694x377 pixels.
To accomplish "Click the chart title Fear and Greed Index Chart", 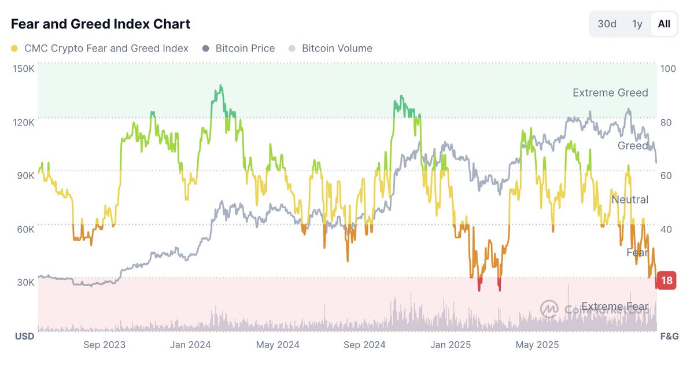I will tap(101, 24).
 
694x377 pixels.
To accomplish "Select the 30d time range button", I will tap(607, 24).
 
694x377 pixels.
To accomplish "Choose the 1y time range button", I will tap(637, 24).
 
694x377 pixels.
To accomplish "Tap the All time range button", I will tap(664, 24).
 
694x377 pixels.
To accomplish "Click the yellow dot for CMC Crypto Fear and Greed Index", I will tap(14, 49).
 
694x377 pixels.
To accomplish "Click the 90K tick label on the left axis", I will tap(25, 175).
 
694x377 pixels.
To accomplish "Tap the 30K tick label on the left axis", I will tap(25, 282).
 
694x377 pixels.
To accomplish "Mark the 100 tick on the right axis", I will tap(668, 68).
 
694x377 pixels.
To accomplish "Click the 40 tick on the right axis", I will tap(666, 229).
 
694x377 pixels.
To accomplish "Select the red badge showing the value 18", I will tap(667, 281).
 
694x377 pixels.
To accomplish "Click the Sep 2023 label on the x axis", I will tap(104, 345).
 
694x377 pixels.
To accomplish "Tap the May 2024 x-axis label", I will tap(277, 345).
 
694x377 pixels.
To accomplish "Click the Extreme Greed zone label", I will tap(610, 93).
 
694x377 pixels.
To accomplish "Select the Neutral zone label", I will tap(630, 199).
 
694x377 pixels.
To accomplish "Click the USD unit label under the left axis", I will tap(24, 336).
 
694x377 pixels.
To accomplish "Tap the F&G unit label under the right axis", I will tap(669, 336).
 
